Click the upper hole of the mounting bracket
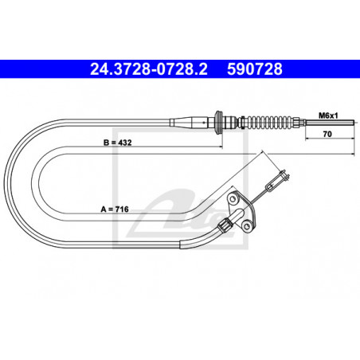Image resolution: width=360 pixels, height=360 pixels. click(233, 196)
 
